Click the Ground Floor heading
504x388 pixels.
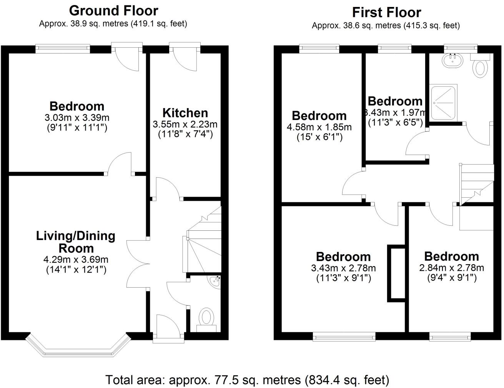click(113, 10)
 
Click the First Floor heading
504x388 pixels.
click(386, 12)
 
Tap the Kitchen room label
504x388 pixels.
click(185, 113)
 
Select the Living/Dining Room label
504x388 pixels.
click(76, 241)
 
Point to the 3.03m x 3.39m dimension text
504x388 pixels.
click(77, 117)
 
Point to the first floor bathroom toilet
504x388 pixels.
click(481, 68)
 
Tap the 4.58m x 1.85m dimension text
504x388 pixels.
click(319, 127)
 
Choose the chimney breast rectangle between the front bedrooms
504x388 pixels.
click(396, 273)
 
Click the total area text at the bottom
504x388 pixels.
click(247, 380)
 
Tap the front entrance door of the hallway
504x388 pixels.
click(168, 328)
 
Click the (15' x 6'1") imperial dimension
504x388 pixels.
click(319, 137)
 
